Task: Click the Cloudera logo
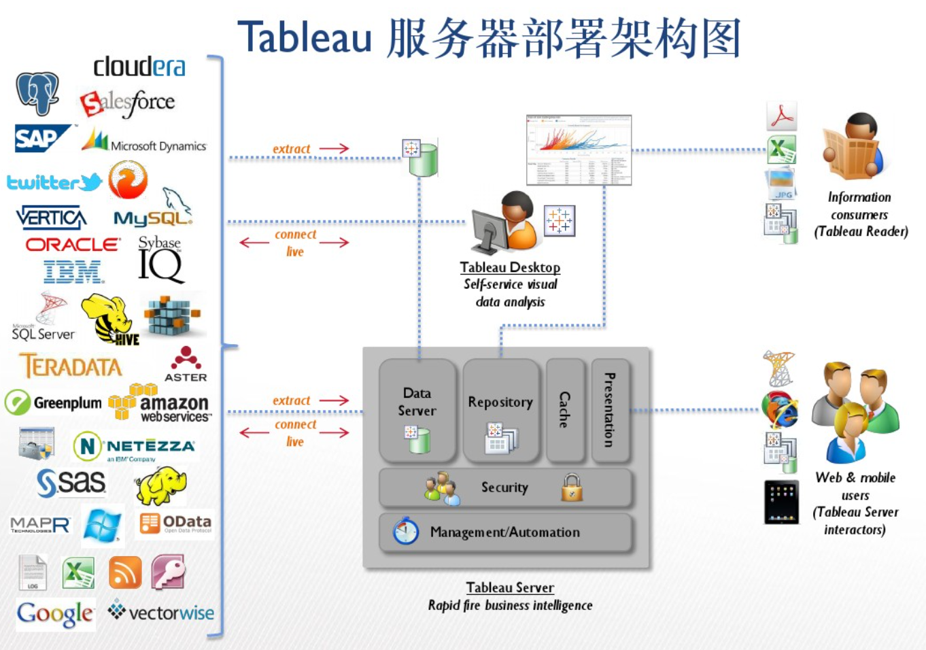pyautogui.click(x=139, y=67)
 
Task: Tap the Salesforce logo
pyautogui.click(x=128, y=103)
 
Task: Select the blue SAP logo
pyautogui.click(x=41, y=138)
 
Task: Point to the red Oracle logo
pyautogui.click(x=73, y=244)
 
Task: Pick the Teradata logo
pyautogui.click(x=71, y=366)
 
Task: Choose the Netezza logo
pyautogui.click(x=134, y=447)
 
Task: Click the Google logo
pyautogui.click(x=56, y=614)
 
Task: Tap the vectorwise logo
pyautogui.click(x=161, y=613)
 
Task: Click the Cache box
pyautogui.click(x=565, y=410)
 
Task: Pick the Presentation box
pyautogui.click(x=610, y=410)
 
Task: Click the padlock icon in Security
pyautogui.click(x=572, y=487)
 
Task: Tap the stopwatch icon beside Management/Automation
pyautogui.click(x=406, y=531)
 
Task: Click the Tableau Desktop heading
pyautogui.click(x=510, y=267)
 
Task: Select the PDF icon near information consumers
pyautogui.click(x=781, y=116)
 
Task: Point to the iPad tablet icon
pyautogui.click(x=781, y=502)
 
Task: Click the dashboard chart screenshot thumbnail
pyautogui.click(x=579, y=150)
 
